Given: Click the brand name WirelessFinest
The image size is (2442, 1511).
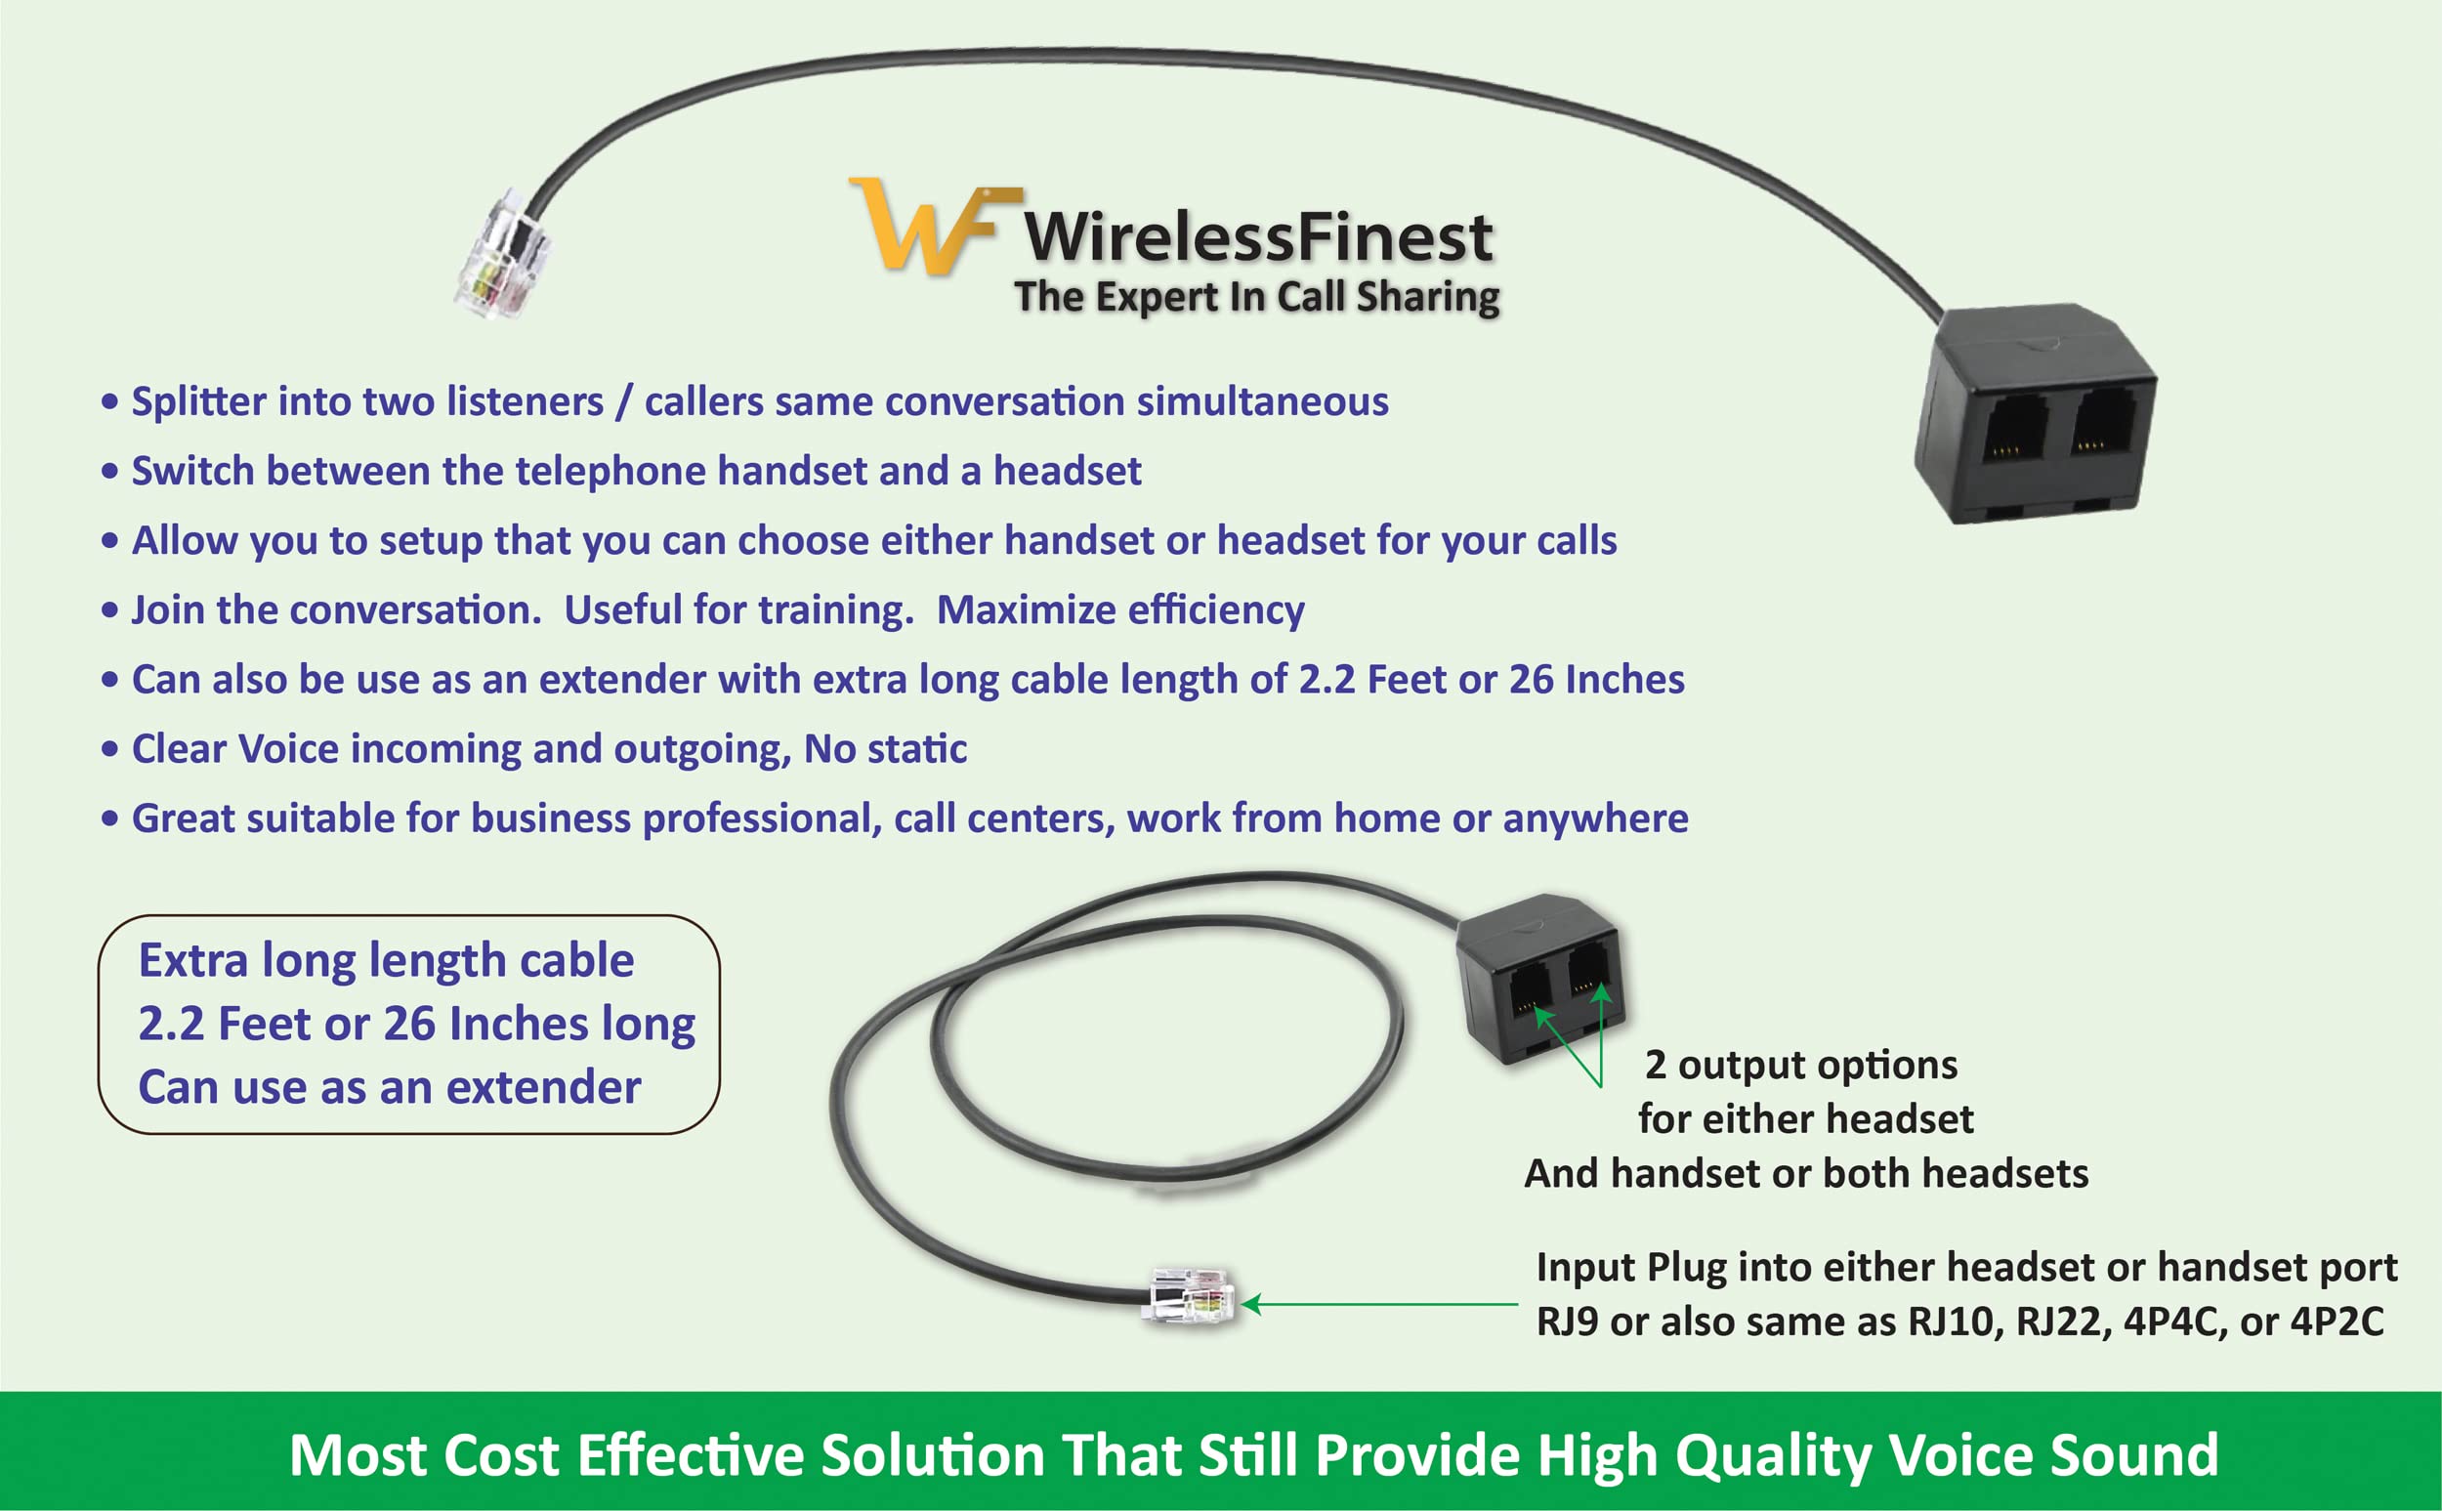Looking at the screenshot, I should (1258, 238).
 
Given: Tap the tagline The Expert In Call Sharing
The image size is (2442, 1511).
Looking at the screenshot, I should (1256, 297).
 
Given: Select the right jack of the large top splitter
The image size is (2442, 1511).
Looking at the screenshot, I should (2103, 425).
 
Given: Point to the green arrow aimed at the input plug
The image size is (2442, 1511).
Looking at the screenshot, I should (1379, 1304).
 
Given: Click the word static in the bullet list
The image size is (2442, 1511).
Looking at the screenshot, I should (919, 748).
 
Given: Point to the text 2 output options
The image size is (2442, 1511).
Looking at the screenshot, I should (1800, 1066).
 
